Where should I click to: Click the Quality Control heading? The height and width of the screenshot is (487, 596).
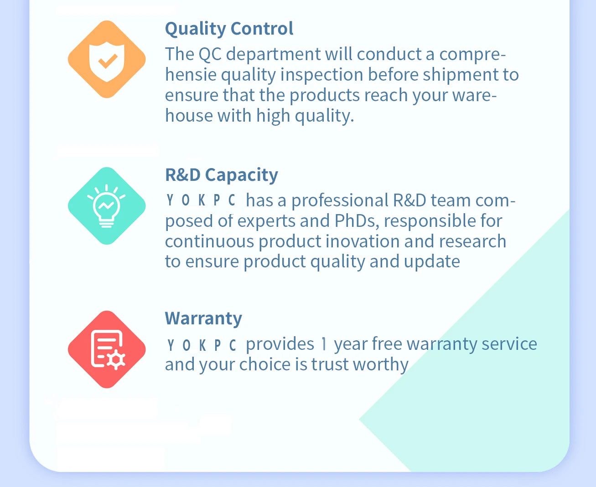tap(229, 29)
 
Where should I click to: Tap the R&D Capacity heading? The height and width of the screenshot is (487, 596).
tap(222, 175)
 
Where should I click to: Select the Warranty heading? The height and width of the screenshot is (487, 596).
tap(203, 319)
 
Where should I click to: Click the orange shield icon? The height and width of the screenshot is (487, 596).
tap(107, 59)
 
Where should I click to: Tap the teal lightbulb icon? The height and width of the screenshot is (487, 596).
tap(107, 206)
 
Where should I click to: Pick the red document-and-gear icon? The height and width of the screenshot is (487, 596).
tap(107, 349)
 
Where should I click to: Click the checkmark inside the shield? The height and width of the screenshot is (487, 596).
tap(107, 61)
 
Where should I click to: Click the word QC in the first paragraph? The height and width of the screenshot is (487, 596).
tap(210, 54)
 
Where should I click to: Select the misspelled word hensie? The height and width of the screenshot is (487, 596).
tap(191, 75)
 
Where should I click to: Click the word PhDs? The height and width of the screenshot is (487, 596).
tap(357, 221)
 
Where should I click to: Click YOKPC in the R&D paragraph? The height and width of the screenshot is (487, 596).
tap(201, 200)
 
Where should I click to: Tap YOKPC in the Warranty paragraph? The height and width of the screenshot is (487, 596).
tap(201, 345)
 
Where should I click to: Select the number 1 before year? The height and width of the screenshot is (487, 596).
tap(324, 344)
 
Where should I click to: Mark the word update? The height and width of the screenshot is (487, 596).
tap(432, 262)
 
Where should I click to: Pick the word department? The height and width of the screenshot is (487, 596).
tap(273, 55)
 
